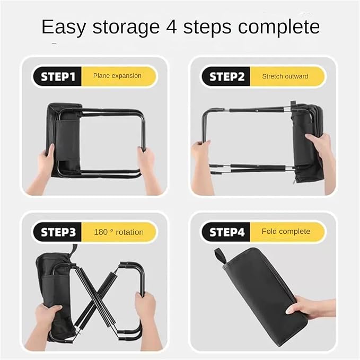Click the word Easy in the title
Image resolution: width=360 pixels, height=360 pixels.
(64, 28)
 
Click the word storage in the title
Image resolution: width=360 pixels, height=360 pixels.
(126, 28)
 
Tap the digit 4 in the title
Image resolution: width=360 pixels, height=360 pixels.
(171, 27)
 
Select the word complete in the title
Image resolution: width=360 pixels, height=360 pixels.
(279, 28)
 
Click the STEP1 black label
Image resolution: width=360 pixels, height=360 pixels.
(57, 76)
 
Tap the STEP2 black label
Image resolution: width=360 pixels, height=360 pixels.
(226, 76)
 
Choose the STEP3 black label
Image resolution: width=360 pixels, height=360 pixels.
(57, 232)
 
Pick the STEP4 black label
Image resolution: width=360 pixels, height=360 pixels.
(226, 232)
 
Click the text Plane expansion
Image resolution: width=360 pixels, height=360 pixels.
(117, 76)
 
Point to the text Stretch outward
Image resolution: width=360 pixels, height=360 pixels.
(285, 76)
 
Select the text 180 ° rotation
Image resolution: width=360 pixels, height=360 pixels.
(119, 232)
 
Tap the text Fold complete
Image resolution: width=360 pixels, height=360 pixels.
(286, 231)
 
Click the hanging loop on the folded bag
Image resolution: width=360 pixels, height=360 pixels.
(219, 256)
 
